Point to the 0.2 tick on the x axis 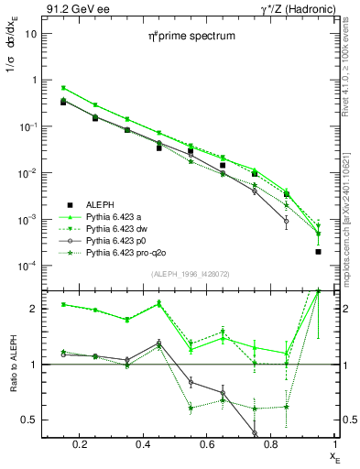tap(84, 444)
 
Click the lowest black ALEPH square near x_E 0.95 tap(318, 251)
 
